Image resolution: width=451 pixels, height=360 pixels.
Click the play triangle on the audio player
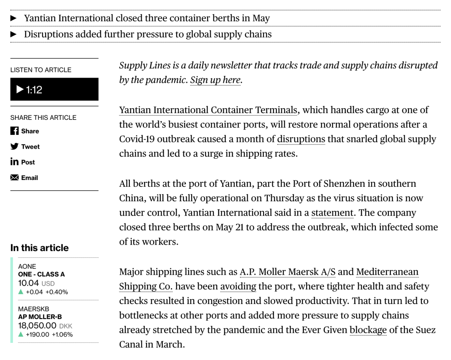(x=20, y=89)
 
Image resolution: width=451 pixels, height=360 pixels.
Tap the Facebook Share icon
(x=15, y=131)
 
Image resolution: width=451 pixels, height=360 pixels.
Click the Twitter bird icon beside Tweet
(x=15, y=147)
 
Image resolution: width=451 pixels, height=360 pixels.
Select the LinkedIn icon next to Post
(x=15, y=162)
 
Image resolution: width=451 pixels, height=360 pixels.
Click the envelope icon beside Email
(x=15, y=177)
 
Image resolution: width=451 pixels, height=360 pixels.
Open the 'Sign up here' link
(x=215, y=80)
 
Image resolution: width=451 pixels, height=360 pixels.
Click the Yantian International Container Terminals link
(x=208, y=110)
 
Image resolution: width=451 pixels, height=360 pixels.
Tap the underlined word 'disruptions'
(x=301, y=139)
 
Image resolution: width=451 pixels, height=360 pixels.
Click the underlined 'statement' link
(x=332, y=213)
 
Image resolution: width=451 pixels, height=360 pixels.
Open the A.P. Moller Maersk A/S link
(x=287, y=272)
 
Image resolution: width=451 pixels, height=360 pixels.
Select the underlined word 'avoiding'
(x=238, y=286)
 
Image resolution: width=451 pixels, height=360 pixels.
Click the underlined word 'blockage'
(x=368, y=330)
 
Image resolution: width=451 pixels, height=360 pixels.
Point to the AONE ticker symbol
(x=27, y=266)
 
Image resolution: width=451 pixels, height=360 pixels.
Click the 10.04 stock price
(x=28, y=283)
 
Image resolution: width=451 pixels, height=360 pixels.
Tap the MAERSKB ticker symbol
(x=33, y=309)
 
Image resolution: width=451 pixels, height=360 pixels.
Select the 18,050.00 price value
(x=37, y=326)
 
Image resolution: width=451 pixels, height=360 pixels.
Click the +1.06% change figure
(x=62, y=335)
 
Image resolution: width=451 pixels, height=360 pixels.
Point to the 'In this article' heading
(x=39, y=248)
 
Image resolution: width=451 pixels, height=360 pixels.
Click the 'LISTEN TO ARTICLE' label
(x=41, y=70)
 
